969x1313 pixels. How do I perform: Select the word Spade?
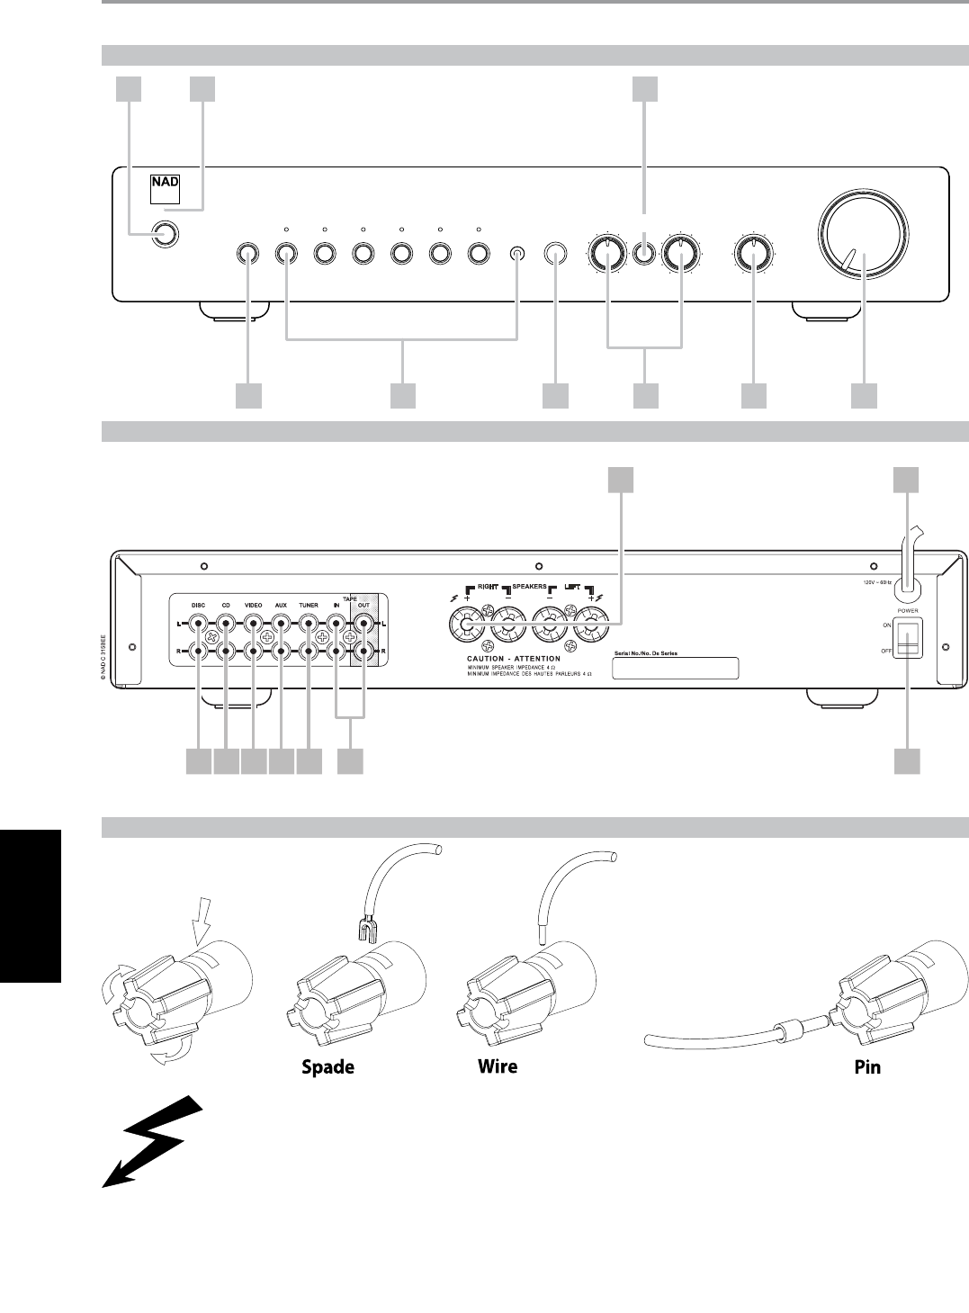[x=327, y=1067]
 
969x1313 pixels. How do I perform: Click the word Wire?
[x=497, y=1067]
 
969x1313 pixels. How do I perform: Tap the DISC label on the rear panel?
[x=199, y=606]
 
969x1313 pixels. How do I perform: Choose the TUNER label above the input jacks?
[x=309, y=606]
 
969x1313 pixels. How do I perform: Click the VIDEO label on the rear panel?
[x=253, y=606]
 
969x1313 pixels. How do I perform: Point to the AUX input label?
[x=281, y=606]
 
